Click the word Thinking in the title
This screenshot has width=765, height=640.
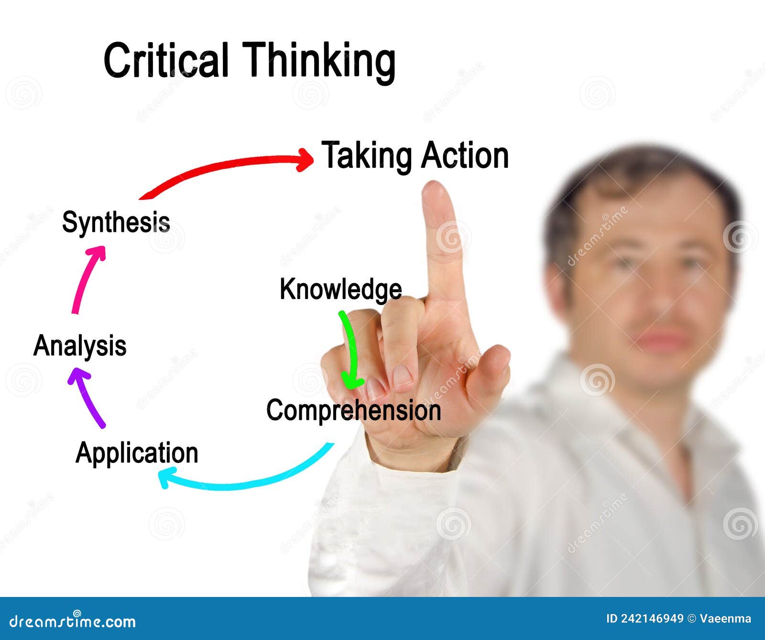pos(319,62)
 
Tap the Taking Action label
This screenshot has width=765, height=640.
pos(415,155)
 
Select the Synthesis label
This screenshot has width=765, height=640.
pos(116,222)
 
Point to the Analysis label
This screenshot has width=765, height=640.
pos(80,346)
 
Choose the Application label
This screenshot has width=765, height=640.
pos(137,452)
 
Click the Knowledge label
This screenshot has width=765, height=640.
pos(341,289)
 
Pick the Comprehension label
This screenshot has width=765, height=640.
pos(354,410)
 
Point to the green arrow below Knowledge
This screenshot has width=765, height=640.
pos(352,349)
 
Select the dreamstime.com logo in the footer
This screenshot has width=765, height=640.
pos(72,621)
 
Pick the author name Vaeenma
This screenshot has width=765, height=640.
pos(725,618)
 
